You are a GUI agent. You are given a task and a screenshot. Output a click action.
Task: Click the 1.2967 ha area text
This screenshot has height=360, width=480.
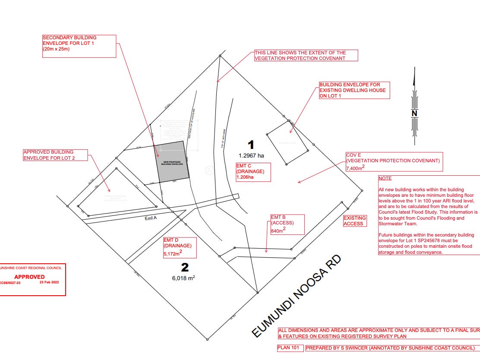click(x=251, y=155)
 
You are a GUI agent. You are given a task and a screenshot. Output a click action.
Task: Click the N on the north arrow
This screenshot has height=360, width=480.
click(x=414, y=113)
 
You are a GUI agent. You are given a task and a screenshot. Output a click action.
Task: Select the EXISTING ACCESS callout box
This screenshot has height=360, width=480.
click(x=355, y=221)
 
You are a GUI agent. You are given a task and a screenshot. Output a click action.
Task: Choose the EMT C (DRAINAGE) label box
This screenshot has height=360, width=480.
click(x=253, y=171)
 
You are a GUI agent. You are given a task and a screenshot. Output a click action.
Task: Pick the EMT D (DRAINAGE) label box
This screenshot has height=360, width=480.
click(x=180, y=247)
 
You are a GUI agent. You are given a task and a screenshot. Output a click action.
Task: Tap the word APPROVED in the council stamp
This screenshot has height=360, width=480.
click(x=29, y=277)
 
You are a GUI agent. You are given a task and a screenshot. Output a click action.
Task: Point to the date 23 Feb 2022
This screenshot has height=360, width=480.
click(x=48, y=282)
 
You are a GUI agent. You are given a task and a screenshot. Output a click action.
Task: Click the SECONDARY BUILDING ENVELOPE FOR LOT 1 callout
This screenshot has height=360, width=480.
click(x=79, y=43)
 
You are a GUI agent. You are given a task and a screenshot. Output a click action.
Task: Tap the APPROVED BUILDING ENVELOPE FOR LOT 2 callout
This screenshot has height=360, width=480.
click(x=56, y=155)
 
